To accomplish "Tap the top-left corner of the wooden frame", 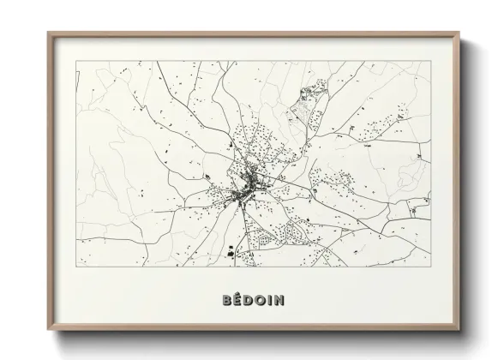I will pyautogui.click(x=48, y=33).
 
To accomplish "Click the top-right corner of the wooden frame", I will pyautogui.click(x=459, y=33).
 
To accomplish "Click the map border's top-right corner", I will pyautogui.click(x=429, y=62).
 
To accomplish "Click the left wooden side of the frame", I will pyautogui.click(x=49, y=180).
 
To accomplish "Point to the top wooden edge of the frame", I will pyautogui.click(x=253, y=33).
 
